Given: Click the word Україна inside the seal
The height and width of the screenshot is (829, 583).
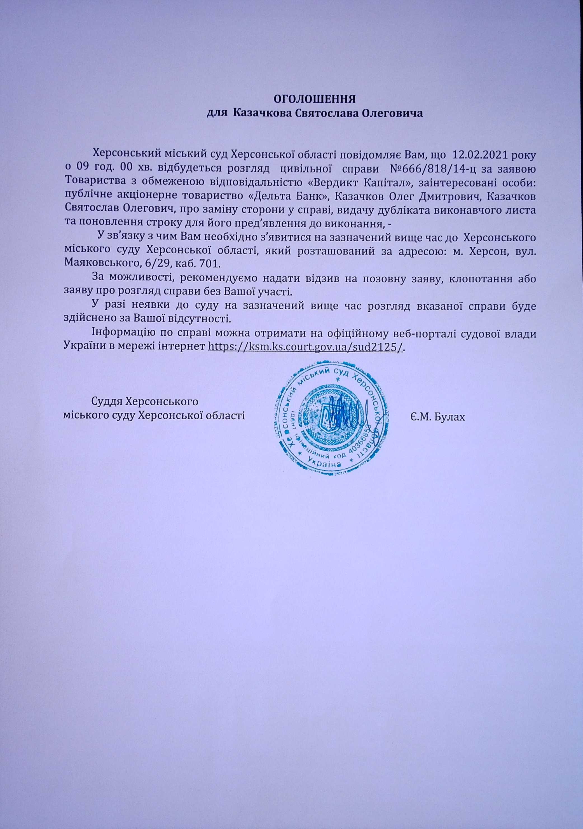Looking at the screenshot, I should point(324,464).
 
